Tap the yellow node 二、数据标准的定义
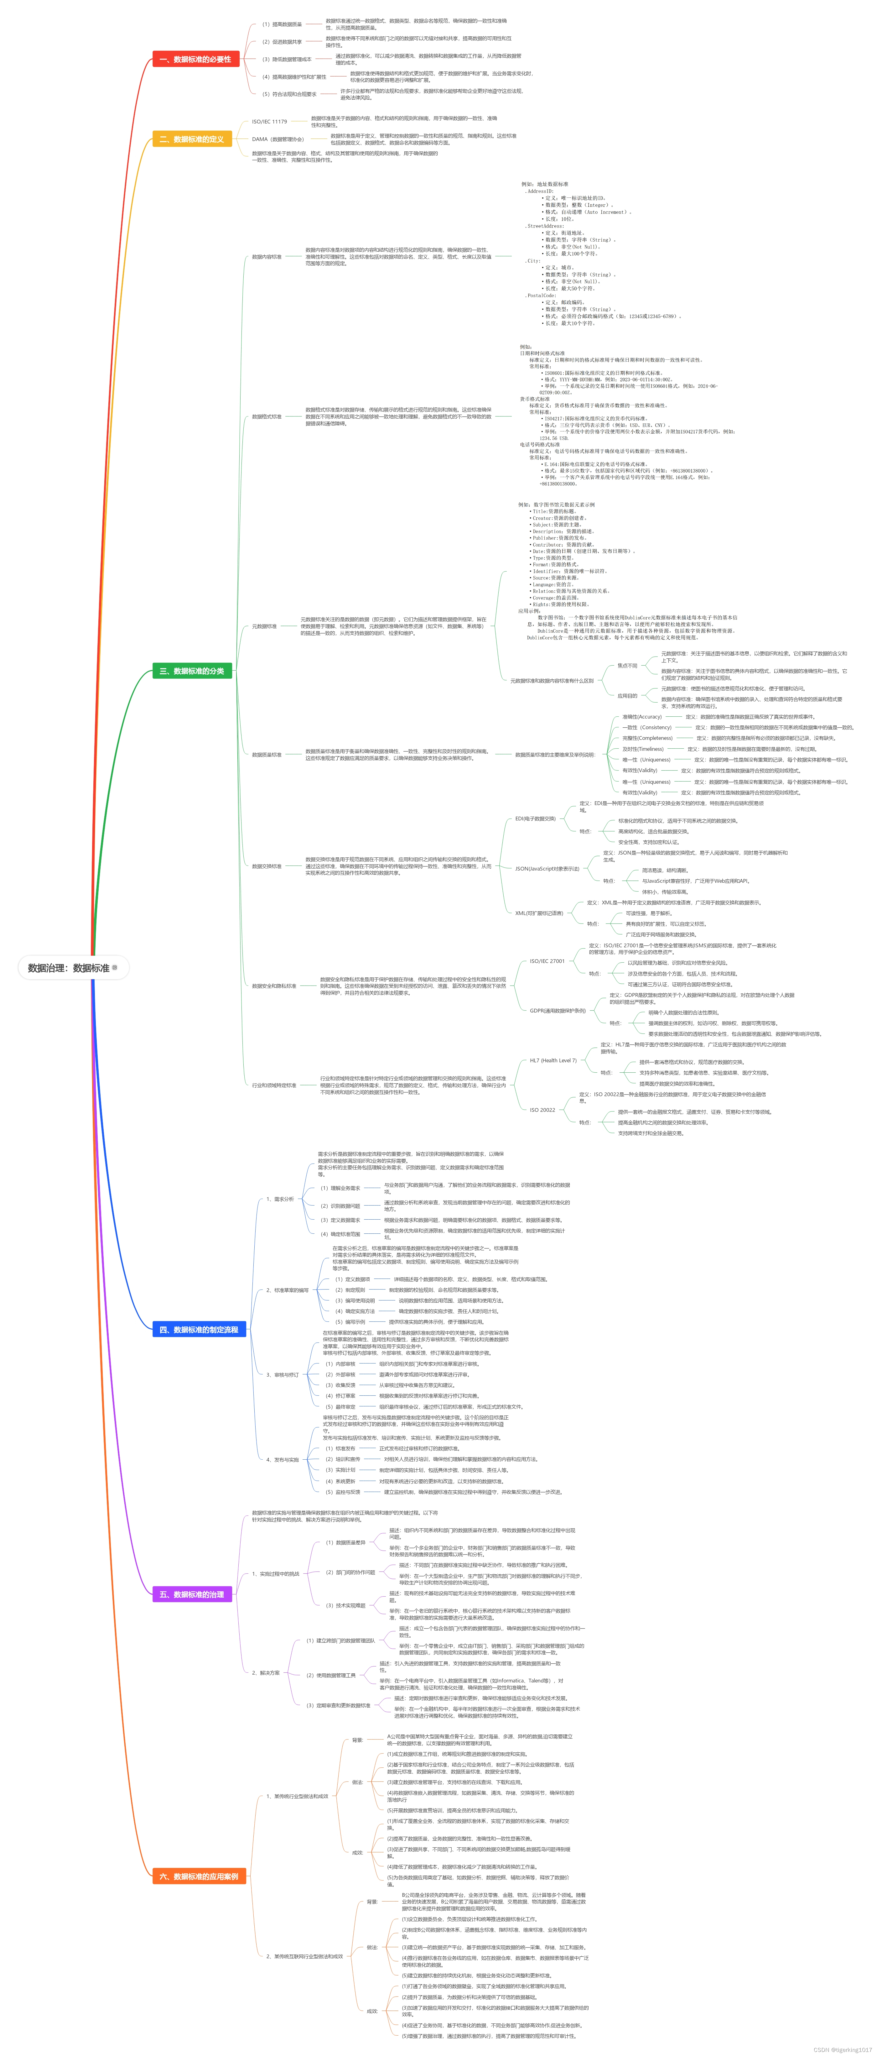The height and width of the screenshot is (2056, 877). coord(191,139)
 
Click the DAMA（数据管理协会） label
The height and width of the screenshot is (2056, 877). coord(278,139)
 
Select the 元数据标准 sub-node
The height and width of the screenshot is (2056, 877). coord(264,626)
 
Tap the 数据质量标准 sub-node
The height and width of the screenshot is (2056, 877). coord(267,754)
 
